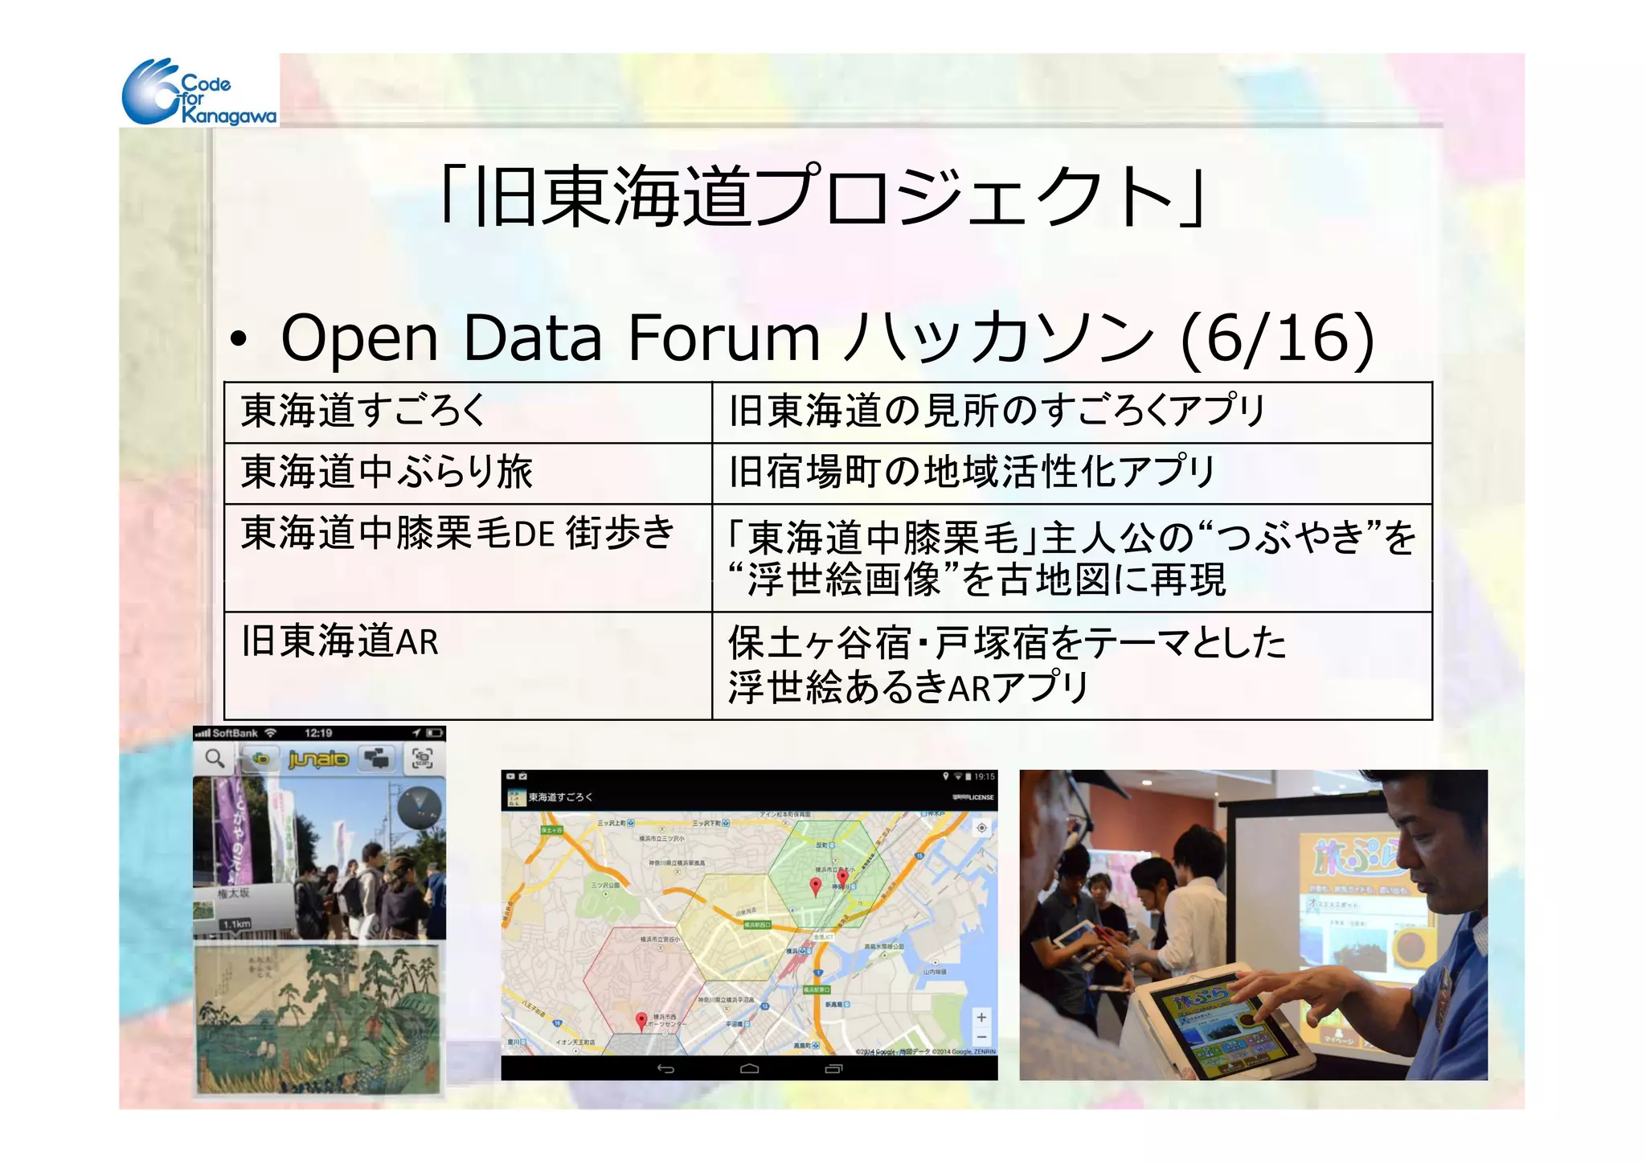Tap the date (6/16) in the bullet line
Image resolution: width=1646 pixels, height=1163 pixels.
coord(1278,338)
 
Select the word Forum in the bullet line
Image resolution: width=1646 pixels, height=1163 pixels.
coord(723,338)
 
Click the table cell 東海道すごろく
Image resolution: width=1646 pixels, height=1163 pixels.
coord(363,411)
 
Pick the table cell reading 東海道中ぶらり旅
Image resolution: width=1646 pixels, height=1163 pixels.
coord(387,472)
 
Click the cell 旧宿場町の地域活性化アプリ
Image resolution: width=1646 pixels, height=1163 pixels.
coord(972,472)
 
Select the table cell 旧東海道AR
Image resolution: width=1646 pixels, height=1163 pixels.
coord(340,641)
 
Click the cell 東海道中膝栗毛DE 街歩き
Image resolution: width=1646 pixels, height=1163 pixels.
coord(457,533)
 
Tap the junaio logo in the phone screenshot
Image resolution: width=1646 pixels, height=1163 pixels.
coord(318,759)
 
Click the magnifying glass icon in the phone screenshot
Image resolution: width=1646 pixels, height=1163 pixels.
coord(214,758)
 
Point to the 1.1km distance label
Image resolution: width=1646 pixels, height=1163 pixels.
coord(236,924)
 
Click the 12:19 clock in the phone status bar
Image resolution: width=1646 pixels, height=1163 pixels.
coord(318,733)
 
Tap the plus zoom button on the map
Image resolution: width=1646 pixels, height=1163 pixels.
coord(981,1018)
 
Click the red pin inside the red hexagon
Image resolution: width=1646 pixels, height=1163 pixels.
coord(641,1021)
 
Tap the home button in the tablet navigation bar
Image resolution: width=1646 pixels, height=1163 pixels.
coord(749,1068)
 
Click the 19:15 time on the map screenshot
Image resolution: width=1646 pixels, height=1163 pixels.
coord(984,776)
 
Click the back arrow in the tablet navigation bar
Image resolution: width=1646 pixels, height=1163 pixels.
coord(665,1068)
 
